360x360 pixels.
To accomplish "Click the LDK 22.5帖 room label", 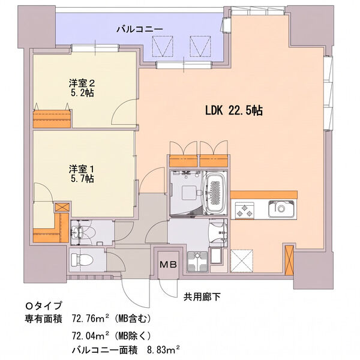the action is tap(234, 111).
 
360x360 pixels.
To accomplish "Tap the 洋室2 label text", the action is tap(82, 83).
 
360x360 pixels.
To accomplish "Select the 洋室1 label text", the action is tap(82, 169).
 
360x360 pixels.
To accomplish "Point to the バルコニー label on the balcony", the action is tap(140, 29).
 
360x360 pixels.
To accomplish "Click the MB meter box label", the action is tap(168, 265).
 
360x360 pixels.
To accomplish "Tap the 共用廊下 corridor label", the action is tap(202, 297).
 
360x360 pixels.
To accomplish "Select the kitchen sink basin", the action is tap(281, 209).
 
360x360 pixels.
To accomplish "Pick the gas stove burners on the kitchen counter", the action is tap(244, 211).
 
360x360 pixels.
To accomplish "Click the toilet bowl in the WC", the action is tap(82, 260).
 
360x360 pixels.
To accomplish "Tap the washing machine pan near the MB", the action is tap(197, 261).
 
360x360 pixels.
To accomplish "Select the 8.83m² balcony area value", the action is tap(163, 350).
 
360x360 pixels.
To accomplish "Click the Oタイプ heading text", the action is tap(44, 305).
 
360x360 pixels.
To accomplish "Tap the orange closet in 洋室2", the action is tap(52, 119).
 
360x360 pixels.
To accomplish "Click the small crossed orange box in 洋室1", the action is tap(62, 208).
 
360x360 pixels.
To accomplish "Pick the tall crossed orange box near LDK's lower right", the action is tap(289, 260).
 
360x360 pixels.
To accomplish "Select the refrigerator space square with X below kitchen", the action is tap(242, 261).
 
